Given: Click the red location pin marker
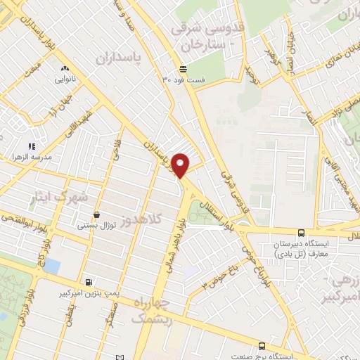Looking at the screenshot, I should tap(181, 165).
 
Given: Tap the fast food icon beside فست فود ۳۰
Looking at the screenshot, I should tap(183, 68).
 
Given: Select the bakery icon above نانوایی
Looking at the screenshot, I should tap(65, 69).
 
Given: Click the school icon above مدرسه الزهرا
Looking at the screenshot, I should tap(31, 146).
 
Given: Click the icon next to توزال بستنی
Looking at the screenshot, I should tap(96, 214).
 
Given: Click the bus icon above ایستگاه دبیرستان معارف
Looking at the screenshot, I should tap(302, 233).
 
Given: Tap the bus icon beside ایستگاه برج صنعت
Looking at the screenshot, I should tap(262, 346).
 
